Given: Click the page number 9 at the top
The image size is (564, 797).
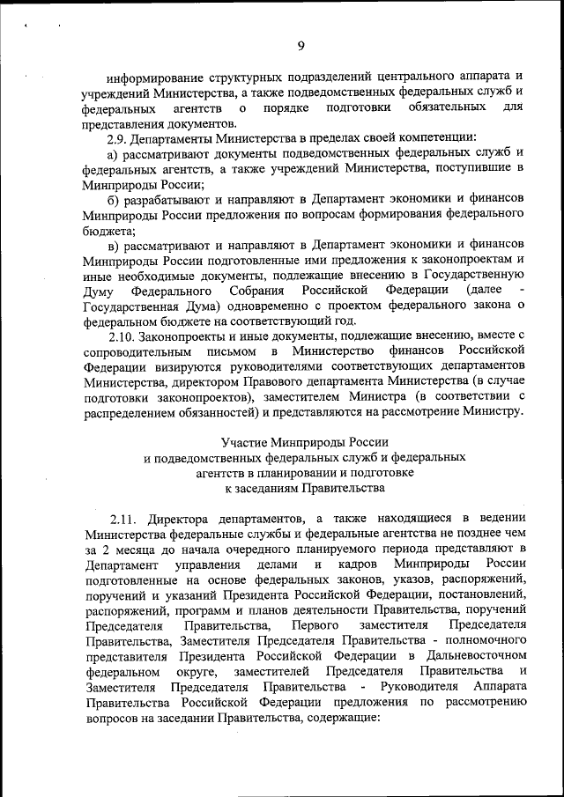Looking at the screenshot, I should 301,46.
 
